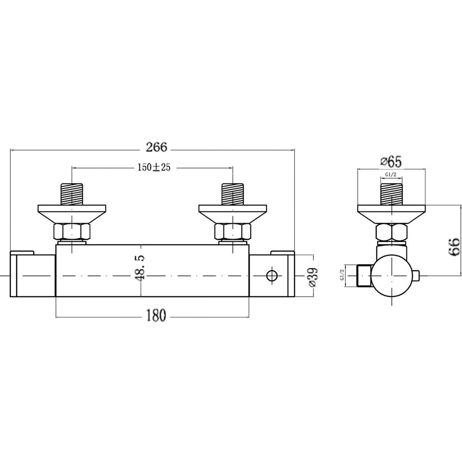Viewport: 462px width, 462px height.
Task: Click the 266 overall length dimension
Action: point(157,147)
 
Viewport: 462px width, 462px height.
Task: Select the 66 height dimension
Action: point(454,246)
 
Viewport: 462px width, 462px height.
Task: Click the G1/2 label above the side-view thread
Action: point(391,175)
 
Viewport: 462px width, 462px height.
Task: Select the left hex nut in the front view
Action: point(72,232)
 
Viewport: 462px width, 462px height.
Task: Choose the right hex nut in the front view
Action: point(233,232)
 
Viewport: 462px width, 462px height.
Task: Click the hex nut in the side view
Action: point(391,233)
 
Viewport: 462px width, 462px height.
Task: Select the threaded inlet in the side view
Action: point(391,194)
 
